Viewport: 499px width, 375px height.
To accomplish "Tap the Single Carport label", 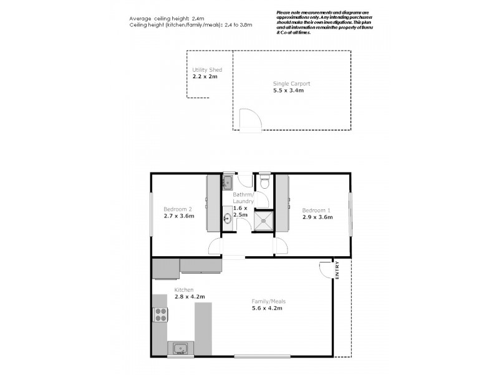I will click(x=291, y=83).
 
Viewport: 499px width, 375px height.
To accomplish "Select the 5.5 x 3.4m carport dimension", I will click(x=288, y=91).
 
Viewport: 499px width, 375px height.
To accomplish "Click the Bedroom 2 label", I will click(x=177, y=209).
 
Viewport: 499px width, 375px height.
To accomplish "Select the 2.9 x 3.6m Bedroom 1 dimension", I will click(x=317, y=217).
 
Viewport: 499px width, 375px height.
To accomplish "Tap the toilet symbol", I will click(x=264, y=181).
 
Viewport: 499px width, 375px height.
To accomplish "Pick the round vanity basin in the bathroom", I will click(x=227, y=219).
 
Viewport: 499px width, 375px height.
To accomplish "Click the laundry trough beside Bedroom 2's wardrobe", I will click(x=228, y=182).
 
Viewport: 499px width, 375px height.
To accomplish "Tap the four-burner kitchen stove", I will click(x=160, y=314).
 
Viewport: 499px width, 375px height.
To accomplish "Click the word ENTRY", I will click(x=337, y=272).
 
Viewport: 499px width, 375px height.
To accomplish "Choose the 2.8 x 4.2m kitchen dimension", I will click(x=190, y=297).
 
